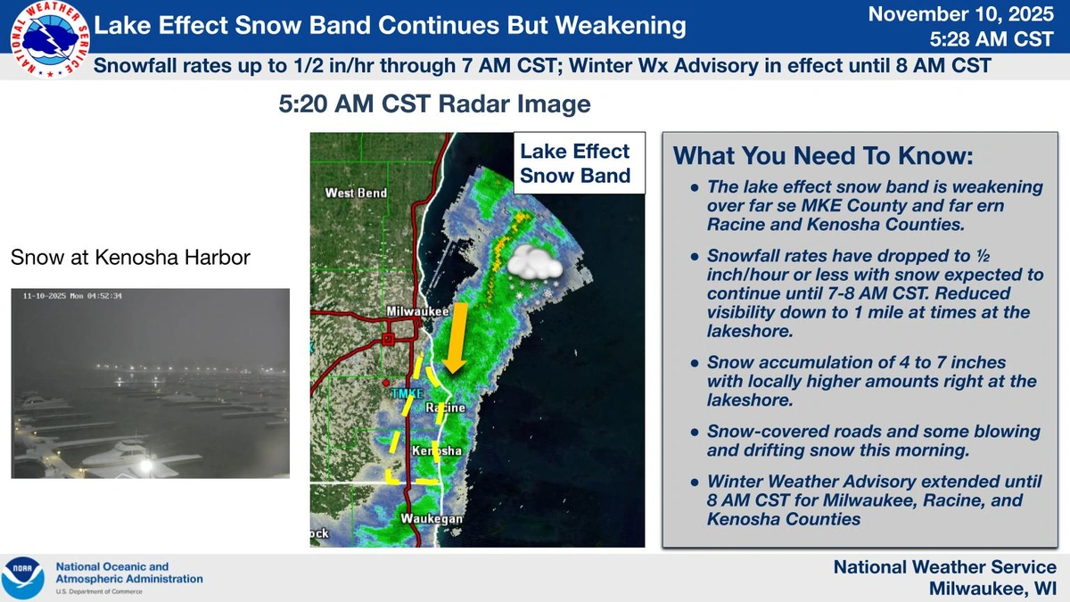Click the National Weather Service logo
click(x=47, y=39)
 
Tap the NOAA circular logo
click(x=22, y=578)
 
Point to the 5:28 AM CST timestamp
click(x=992, y=40)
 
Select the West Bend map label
click(x=356, y=193)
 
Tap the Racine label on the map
click(x=445, y=408)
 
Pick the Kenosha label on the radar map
click(x=436, y=451)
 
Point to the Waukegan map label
click(x=432, y=518)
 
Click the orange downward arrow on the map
click(x=456, y=337)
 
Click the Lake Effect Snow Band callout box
click(x=575, y=163)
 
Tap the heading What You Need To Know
click(x=822, y=155)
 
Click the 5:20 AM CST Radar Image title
click(x=434, y=104)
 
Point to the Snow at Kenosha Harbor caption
click(x=130, y=258)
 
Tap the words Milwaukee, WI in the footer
click(x=992, y=589)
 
